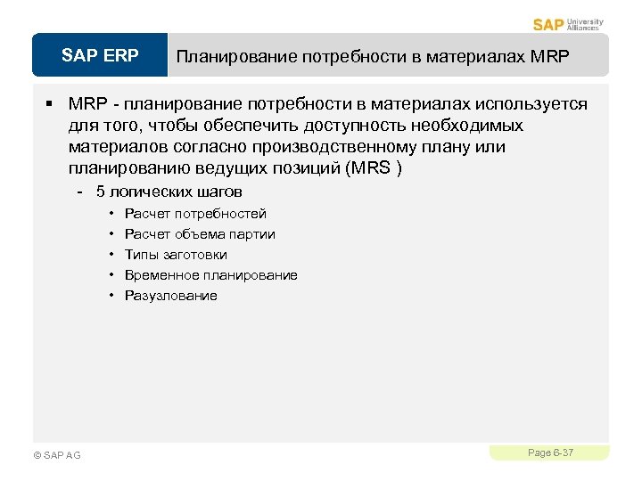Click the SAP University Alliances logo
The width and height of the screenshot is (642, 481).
tap(568, 24)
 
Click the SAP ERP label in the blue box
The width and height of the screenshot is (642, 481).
tap(100, 56)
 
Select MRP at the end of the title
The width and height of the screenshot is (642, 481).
tap(547, 57)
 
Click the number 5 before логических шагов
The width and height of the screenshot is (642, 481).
tap(101, 192)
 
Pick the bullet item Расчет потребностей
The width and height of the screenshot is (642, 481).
tap(195, 214)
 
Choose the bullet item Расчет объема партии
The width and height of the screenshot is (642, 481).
tap(200, 234)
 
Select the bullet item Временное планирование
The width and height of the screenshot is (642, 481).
tap(211, 275)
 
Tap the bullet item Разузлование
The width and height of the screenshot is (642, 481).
tap(170, 296)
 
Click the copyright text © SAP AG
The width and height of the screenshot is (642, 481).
tap(56, 455)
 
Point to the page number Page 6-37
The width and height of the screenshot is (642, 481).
tap(550, 453)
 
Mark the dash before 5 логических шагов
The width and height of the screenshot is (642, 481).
tap(80, 192)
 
